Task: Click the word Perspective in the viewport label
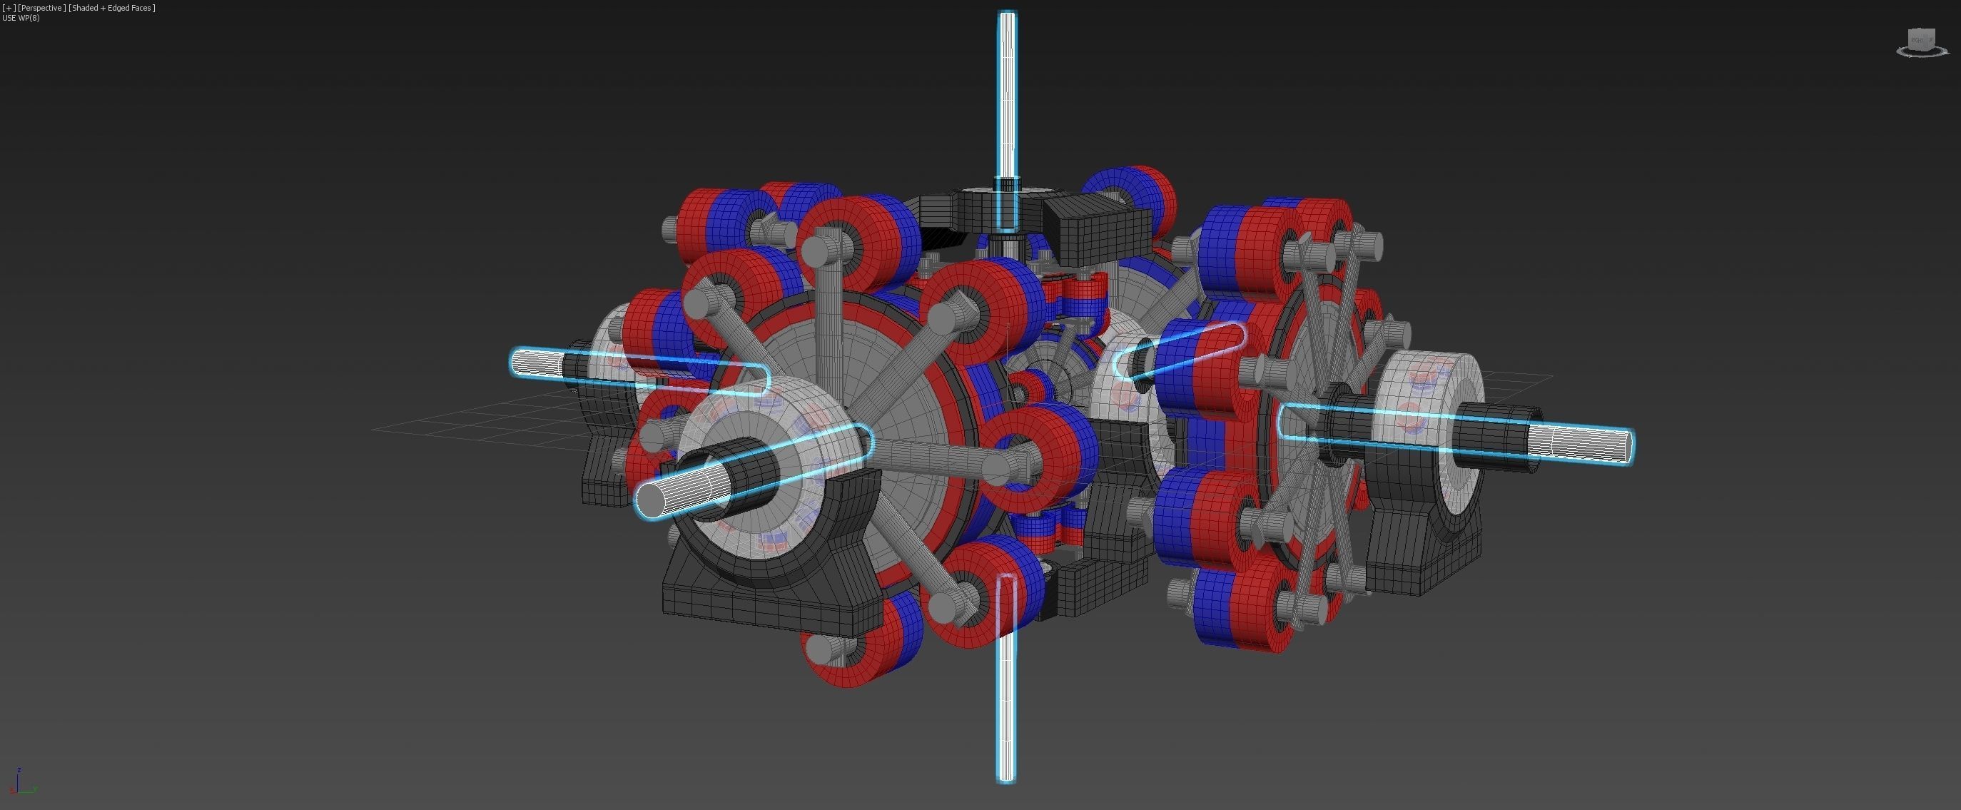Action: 41,8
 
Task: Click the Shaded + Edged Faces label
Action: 112,8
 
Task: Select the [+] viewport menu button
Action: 9,8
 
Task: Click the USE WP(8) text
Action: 21,18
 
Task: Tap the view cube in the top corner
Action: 1922,41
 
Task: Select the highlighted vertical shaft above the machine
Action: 1006,91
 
